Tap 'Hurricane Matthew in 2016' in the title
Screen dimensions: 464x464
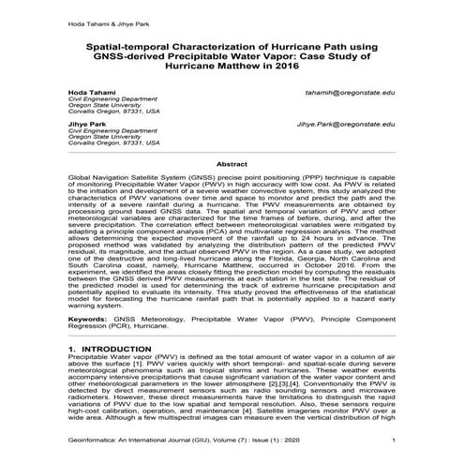tap(232, 69)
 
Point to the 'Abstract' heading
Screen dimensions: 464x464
tap(232, 163)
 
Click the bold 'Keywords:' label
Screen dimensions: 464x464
tap(87, 321)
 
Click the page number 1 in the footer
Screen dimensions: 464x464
tap(394, 441)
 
